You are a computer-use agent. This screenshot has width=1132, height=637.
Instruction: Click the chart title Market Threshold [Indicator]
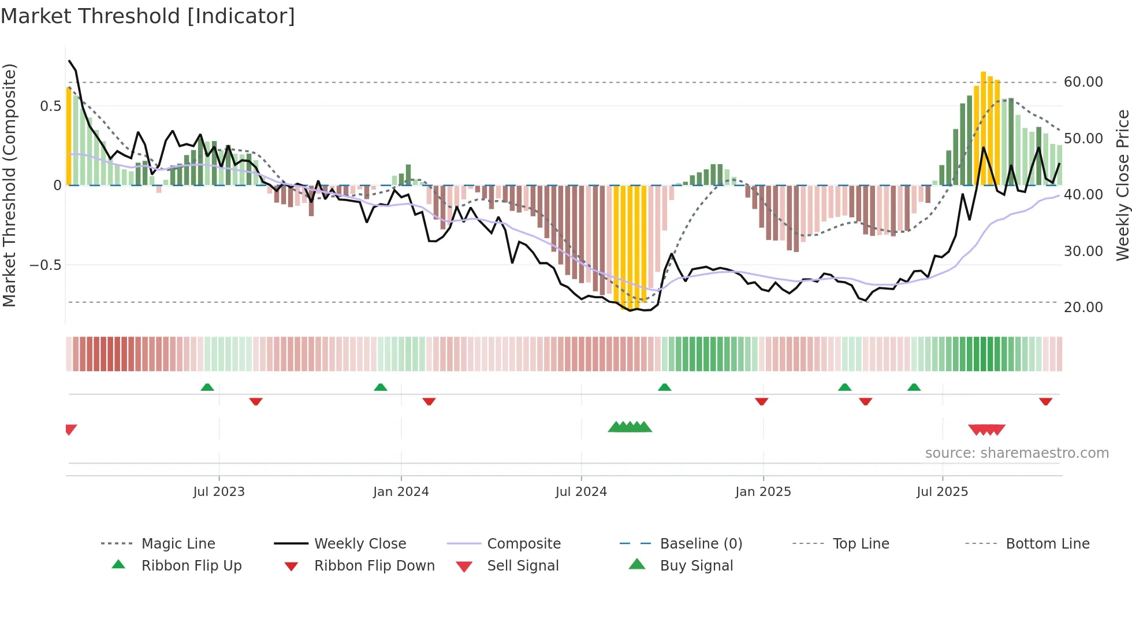pyautogui.click(x=148, y=16)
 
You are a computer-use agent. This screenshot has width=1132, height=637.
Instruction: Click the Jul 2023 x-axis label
pyautogui.click(x=219, y=492)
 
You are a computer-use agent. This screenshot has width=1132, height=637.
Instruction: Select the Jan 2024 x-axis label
pyautogui.click(x=401, y=492)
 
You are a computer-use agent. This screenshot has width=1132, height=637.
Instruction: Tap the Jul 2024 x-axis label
pyautogui.click(x=581, y=492)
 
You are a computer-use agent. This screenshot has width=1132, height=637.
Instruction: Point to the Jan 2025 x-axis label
pyautogui.click(x=763, y=492)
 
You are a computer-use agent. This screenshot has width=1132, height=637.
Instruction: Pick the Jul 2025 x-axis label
pyautogui.click(x=942, y=492)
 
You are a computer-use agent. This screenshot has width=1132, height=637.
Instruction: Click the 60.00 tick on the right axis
pyautogui.click(x=1083, y=82)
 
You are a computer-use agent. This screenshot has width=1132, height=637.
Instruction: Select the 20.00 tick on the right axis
pyautogui.click(x=1083, y=308)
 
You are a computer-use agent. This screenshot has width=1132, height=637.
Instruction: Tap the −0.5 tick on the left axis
pyautogui.click(x=45, y=265)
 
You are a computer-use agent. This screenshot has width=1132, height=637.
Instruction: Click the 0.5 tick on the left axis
pyautogui.click(x=50, y=106)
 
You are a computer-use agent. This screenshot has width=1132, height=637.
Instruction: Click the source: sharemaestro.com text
pyautogui.click(x=1016, y=453)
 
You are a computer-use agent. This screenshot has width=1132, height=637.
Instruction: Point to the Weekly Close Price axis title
pyautogui.click(x=1122, y=185)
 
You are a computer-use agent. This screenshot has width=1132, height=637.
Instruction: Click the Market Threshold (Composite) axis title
pyautogui.click(x=9, y=185)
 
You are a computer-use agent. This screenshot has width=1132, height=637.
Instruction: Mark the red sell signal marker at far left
pyautogui.click(x=70, y=429)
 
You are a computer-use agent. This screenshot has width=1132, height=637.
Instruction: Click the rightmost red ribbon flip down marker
pyautogui.click(x=1045, y=401)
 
